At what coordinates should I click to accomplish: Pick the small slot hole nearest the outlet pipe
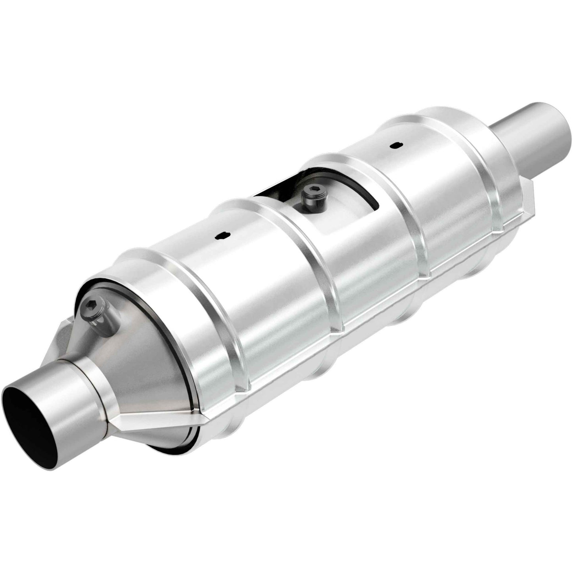pyautogui.click(x=394, y=146)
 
